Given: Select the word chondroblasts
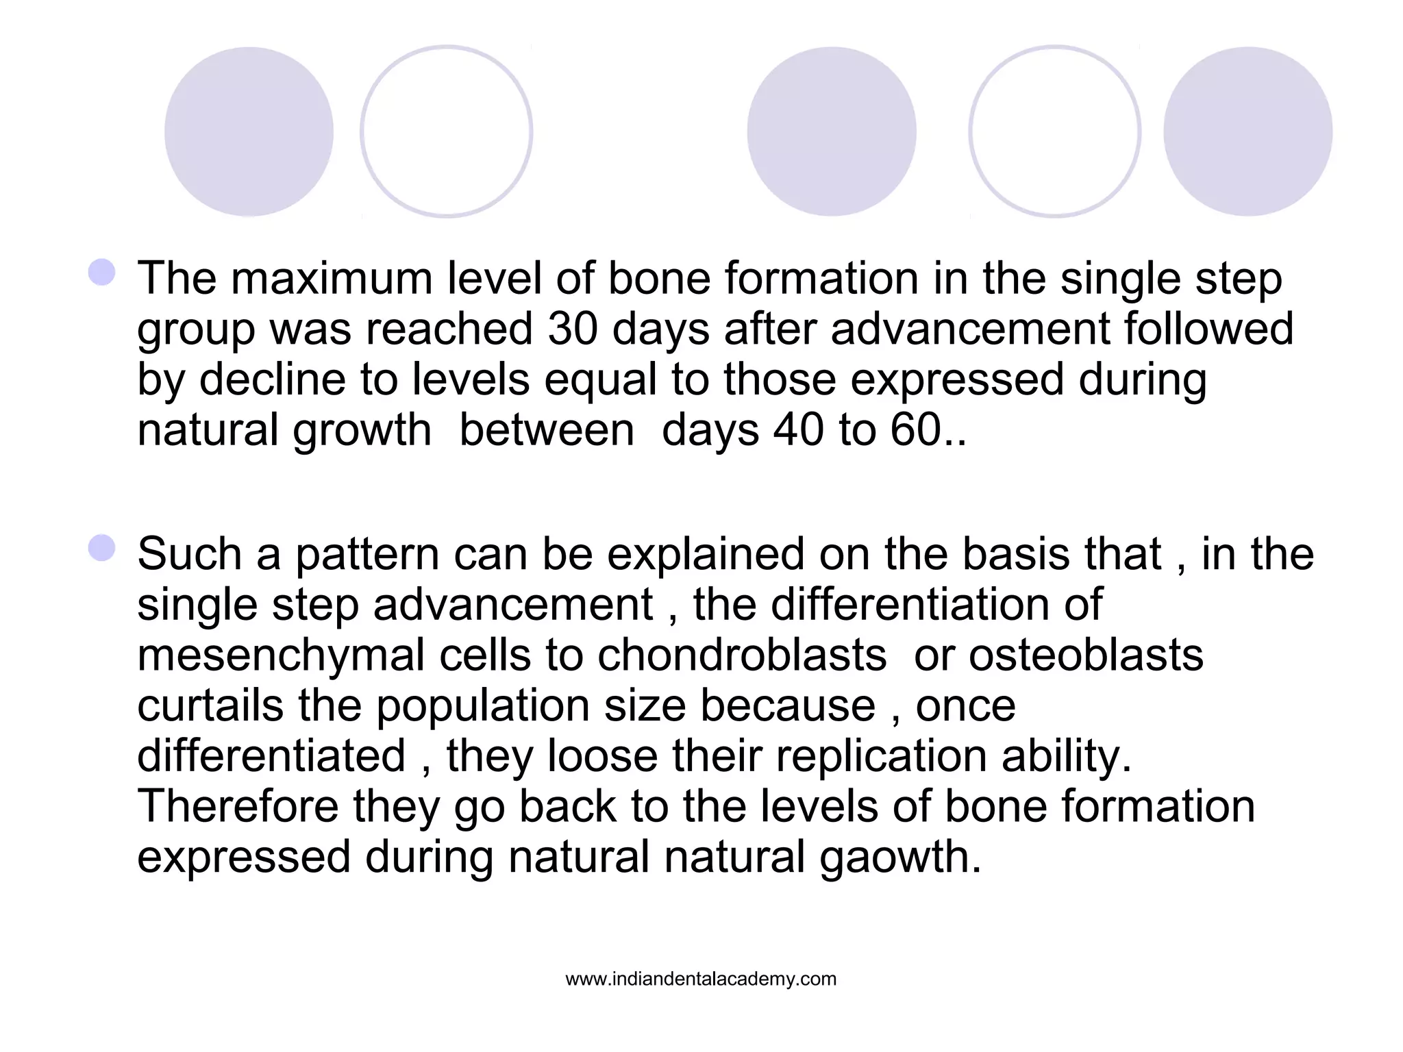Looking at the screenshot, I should [x=742, y=655].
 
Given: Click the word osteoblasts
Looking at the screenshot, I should [x=1086, y=655].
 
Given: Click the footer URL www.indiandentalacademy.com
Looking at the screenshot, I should [x=701, y=979].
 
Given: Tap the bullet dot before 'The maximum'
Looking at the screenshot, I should [x=102, y=272].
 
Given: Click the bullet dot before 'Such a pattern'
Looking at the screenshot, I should [x=102, y=548].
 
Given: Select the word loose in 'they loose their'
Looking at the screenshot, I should [x=603, y=756].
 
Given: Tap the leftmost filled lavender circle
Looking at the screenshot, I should [x=249, y=131].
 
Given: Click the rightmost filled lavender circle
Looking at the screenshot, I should [x=1247, y=131].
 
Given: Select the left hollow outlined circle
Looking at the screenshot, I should [x=447, y=131].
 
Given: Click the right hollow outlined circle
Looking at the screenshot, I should [x=1055, y=131].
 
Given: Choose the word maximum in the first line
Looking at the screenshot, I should [x=332, y=279].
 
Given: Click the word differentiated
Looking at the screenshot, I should [x=271, y=756].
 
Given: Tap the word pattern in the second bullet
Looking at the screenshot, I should [x=367, y=554].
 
